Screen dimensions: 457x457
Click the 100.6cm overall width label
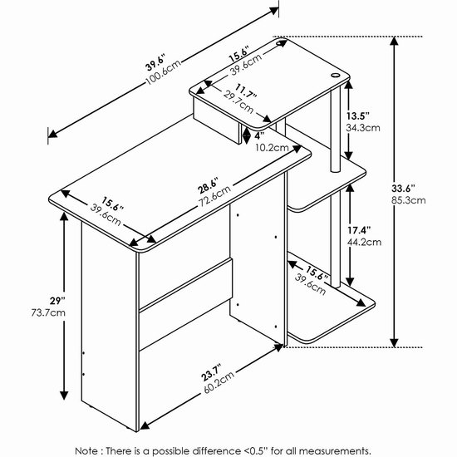164,72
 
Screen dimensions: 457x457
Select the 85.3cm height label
408,200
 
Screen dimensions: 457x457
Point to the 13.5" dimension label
358,116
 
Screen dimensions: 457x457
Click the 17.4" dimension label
359,230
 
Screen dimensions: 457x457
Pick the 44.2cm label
364,242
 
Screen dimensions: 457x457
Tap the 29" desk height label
57,301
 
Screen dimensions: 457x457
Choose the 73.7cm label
48,313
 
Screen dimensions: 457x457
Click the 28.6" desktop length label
208,187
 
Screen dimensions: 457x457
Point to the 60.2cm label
219,383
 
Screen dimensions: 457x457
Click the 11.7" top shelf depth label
247,91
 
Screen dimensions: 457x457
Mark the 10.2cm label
272,147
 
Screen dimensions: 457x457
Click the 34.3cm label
363,128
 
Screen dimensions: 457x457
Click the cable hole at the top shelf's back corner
281,43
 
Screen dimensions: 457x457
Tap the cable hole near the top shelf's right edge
335,76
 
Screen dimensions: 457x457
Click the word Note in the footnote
86,450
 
